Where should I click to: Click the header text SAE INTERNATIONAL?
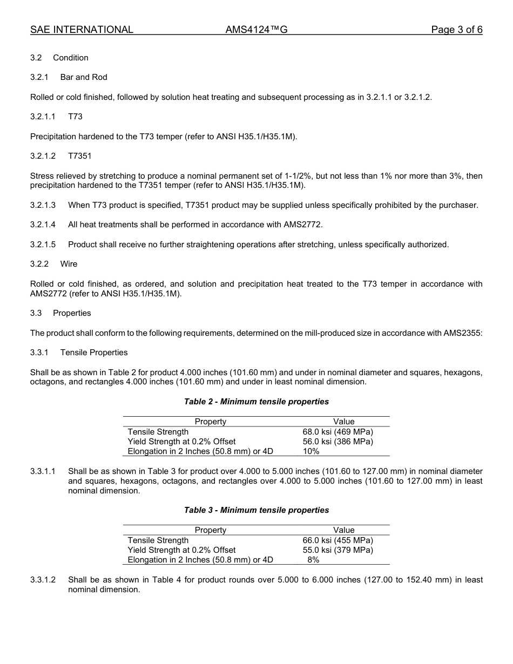82,30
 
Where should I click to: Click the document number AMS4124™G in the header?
256,30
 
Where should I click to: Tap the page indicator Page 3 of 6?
456,30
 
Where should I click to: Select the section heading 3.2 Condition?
59,58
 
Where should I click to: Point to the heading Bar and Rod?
84,77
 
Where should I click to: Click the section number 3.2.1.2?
43,156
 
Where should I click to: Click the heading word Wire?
69,264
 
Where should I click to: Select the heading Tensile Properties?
94,353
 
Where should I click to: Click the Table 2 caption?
256,402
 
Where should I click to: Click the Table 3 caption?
256,510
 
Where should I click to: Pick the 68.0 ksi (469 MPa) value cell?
338,432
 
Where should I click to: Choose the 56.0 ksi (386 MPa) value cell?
338,442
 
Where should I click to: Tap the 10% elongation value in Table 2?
311,451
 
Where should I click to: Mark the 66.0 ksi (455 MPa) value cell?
338,540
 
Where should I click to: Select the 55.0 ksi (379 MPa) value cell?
338,550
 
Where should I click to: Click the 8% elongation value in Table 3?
313,560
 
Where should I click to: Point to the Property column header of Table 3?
211,530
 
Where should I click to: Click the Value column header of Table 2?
344,422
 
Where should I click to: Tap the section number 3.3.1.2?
43,580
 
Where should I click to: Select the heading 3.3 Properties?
60,313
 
